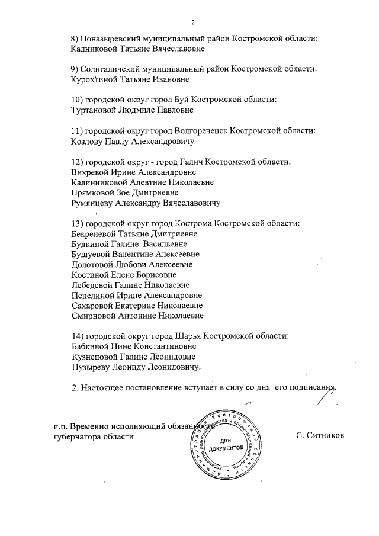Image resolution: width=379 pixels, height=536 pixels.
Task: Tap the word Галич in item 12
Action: tap(202, 161)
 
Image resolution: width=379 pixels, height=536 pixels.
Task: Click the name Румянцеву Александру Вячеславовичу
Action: tap(145, 203)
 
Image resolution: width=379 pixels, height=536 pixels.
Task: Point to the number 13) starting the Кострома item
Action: tap(76, 223)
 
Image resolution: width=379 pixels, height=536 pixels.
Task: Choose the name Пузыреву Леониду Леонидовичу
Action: tap(135, 367)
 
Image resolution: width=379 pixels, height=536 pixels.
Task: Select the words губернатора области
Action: tap(93, 436)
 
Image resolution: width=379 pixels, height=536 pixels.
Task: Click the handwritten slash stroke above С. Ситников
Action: tap(323, 407)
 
